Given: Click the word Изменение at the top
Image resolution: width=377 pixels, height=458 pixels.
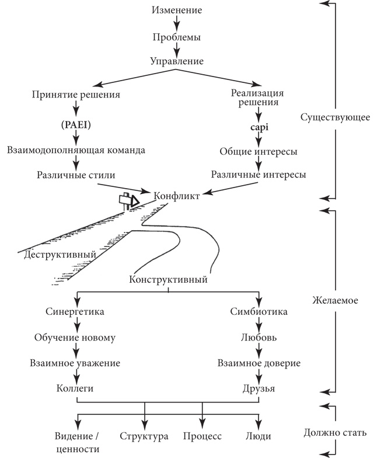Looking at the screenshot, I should [x=176, y=10].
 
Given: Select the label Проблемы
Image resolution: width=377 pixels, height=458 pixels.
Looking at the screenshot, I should [x=176, y=37].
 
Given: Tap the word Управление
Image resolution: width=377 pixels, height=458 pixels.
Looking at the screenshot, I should [x=176, y=61].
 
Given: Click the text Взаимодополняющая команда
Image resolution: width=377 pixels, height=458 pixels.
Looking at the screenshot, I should [x=76, y=150].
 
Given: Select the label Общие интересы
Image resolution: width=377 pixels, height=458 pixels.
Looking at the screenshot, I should [x=258, y=151].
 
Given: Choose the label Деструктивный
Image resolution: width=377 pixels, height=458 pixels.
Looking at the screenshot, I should [x=60, y=255].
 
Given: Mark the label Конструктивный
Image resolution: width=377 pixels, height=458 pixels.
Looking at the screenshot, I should [x=169, y=279].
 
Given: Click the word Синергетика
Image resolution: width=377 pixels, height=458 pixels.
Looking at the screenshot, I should [x=75, y=311].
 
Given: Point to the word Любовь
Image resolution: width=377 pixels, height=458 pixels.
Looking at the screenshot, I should [x=258, y=337].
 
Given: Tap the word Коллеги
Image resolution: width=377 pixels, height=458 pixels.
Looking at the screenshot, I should [x=75, y=388].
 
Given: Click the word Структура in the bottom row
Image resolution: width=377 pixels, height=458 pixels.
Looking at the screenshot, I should [x=144, y=436].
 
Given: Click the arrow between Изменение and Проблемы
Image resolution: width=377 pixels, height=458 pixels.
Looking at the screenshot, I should [x=176, y=24].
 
